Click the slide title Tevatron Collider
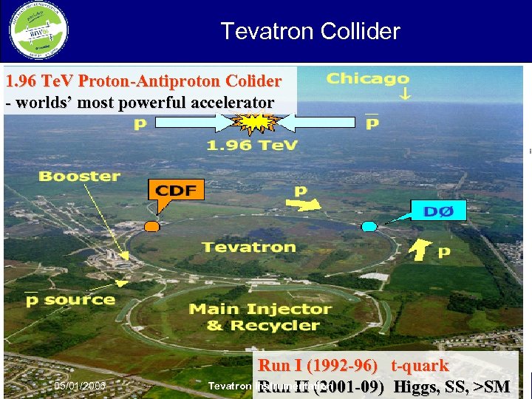(x=310, y=31)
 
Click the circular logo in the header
(x=38, y=31)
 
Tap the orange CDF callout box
(x=177, y=191)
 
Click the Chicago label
(x=368, y=79)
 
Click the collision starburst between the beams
(x=251, y=123)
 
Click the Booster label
(x=79, y=176)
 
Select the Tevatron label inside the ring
(x=249, y=247)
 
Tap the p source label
(x=70, y=300)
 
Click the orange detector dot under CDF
(x=152, y=225)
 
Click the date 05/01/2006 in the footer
(x=80, y=386)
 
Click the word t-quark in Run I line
(x=420, y=366)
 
